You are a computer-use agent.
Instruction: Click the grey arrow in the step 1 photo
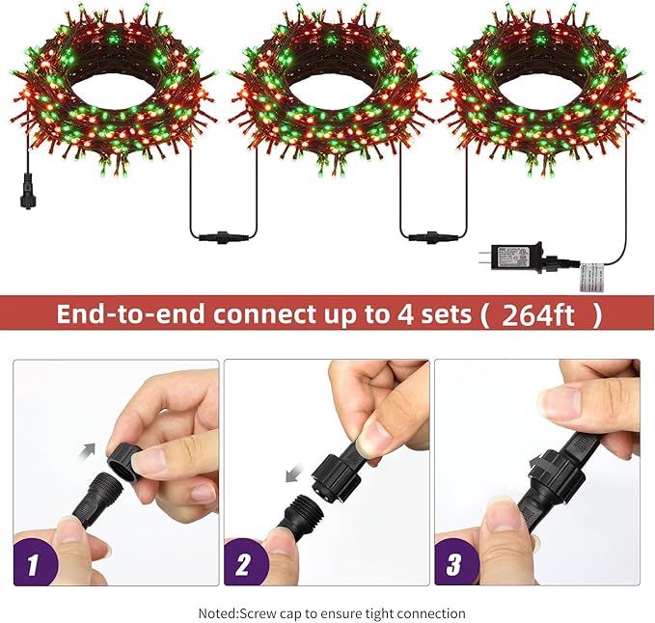pyautogui.click(x=90, y=449)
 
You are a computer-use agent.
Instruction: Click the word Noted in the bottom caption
pyautogui.click(x=217, y=613)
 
